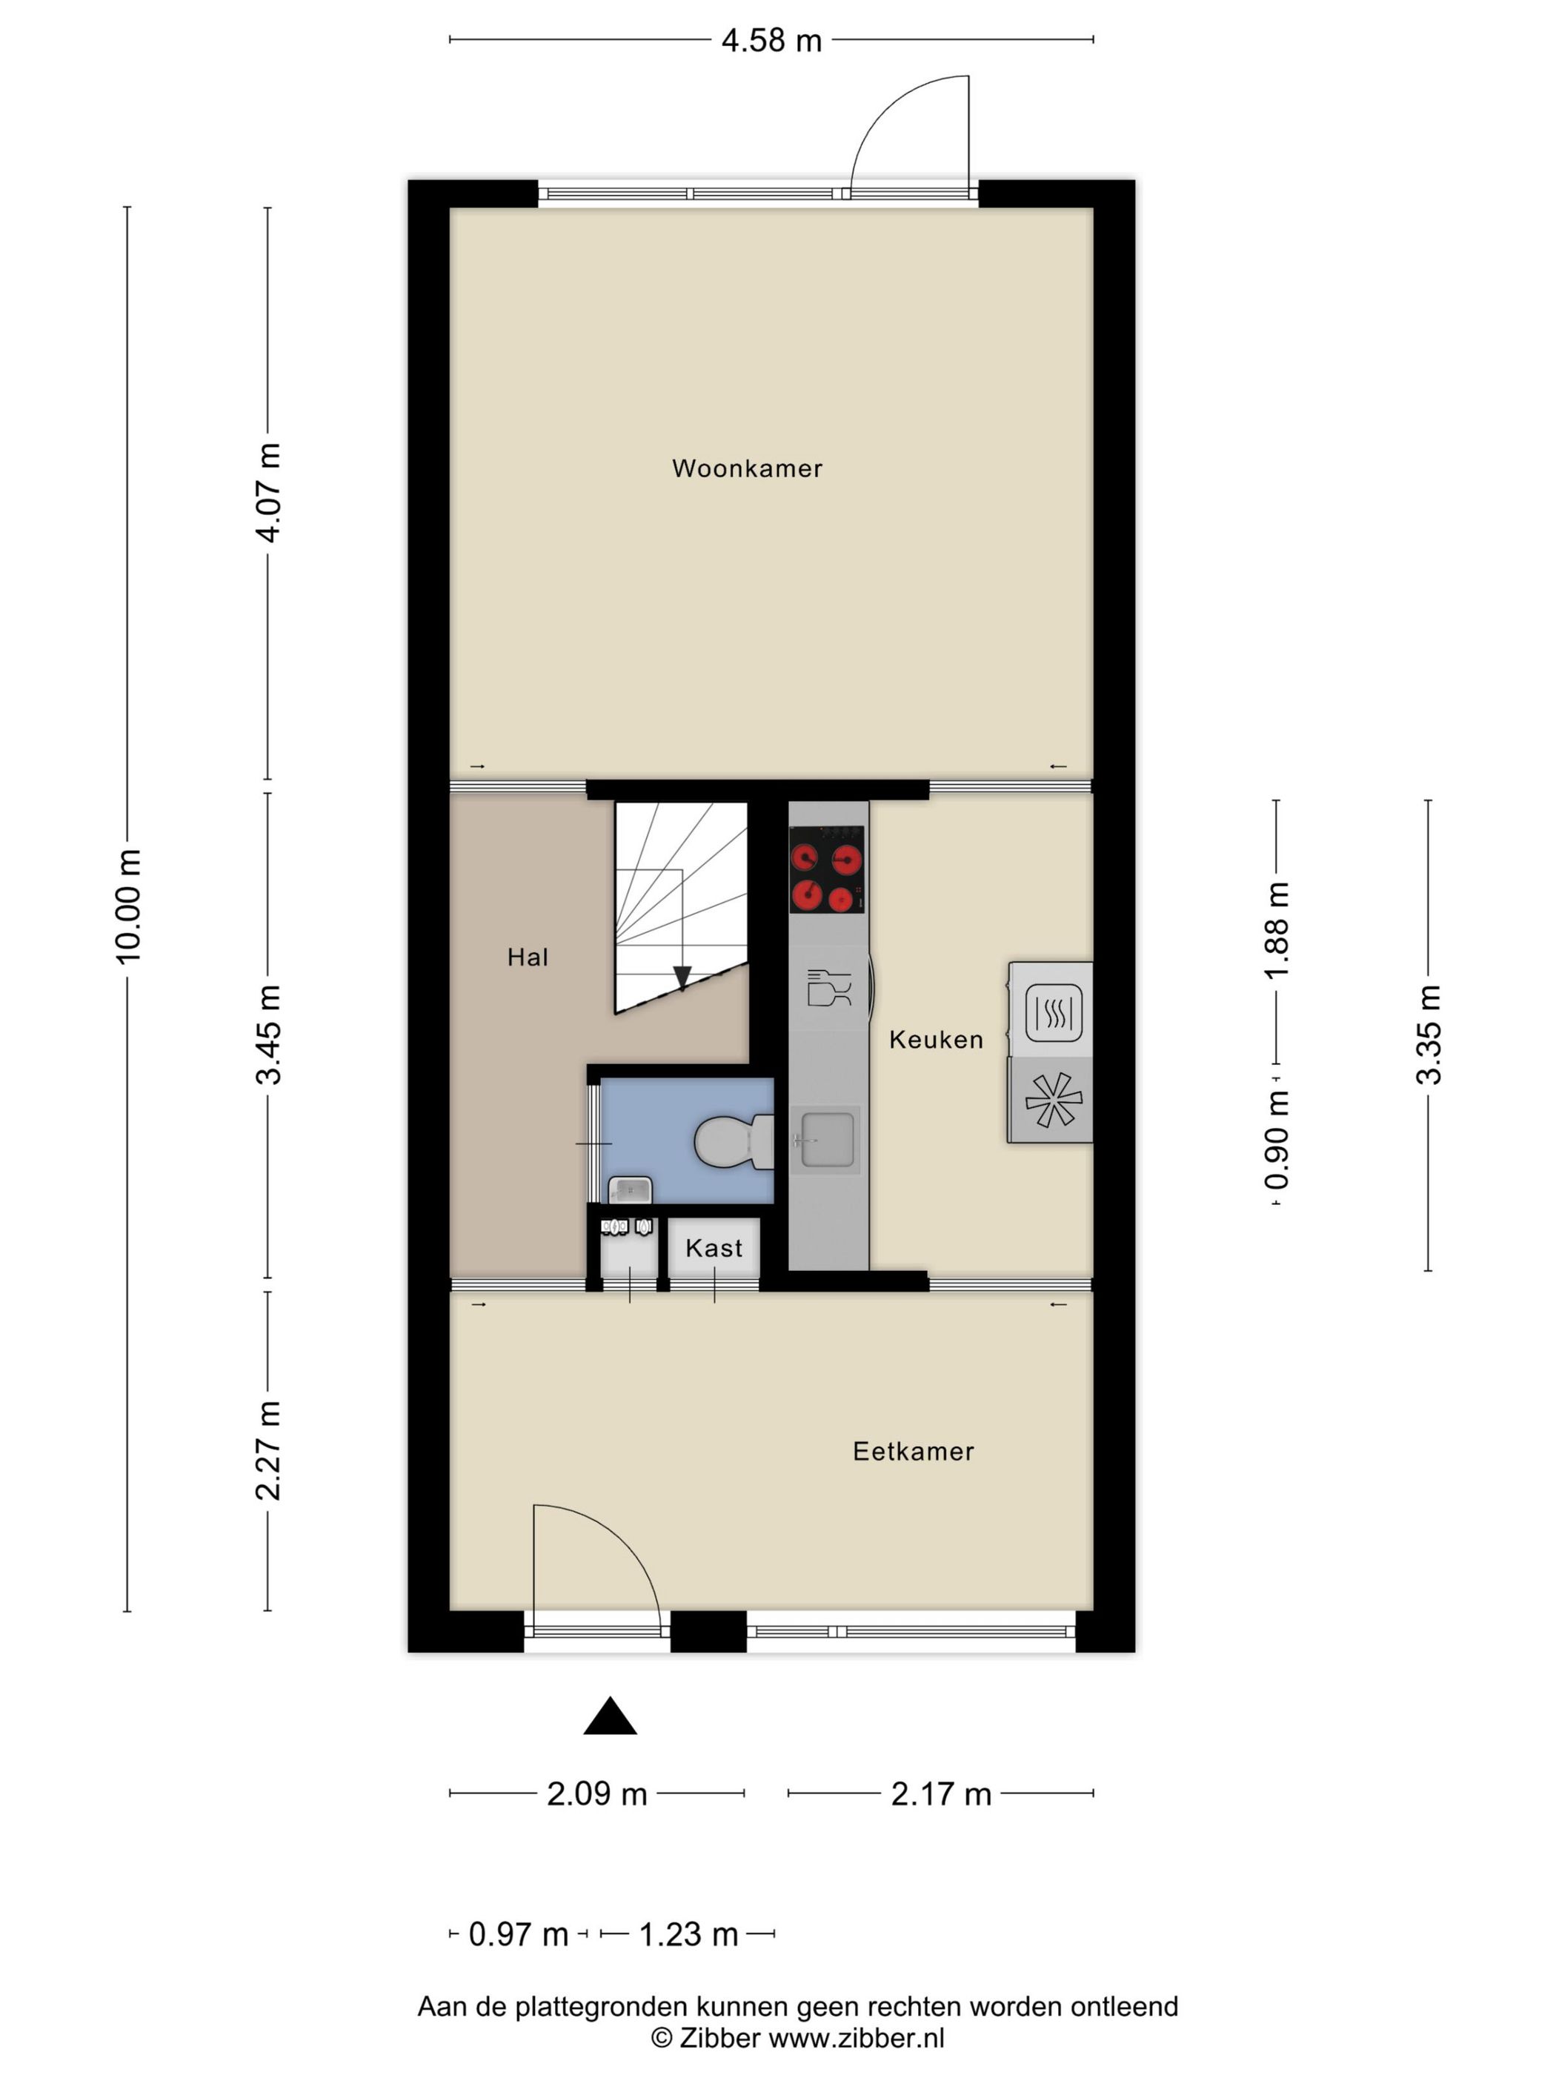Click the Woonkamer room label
click(x=747, y=468)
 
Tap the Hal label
click(x=527, y=957)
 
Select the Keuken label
click(x=936, y=1040)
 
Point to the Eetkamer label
click(x=913, y=1451)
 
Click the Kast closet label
click(x=714, y=1248)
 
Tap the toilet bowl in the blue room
click(x=734, y=1142)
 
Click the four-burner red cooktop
click(x=826, y=869)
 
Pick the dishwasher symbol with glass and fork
click(x=829, y=988)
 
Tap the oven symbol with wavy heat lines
click(x=1054, y=1012)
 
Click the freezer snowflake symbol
click(x=1054, y=1100)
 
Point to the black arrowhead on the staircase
click(x=682, y=977)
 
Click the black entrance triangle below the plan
click(x=611, y=1716)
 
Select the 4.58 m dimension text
click(x=771, y=40)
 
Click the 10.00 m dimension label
click(x=127, y=906)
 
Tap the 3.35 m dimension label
click(x=1429, y=1035)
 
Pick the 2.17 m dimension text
click(x=941, y=1793)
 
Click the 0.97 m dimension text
click(x=518, y=1933)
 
